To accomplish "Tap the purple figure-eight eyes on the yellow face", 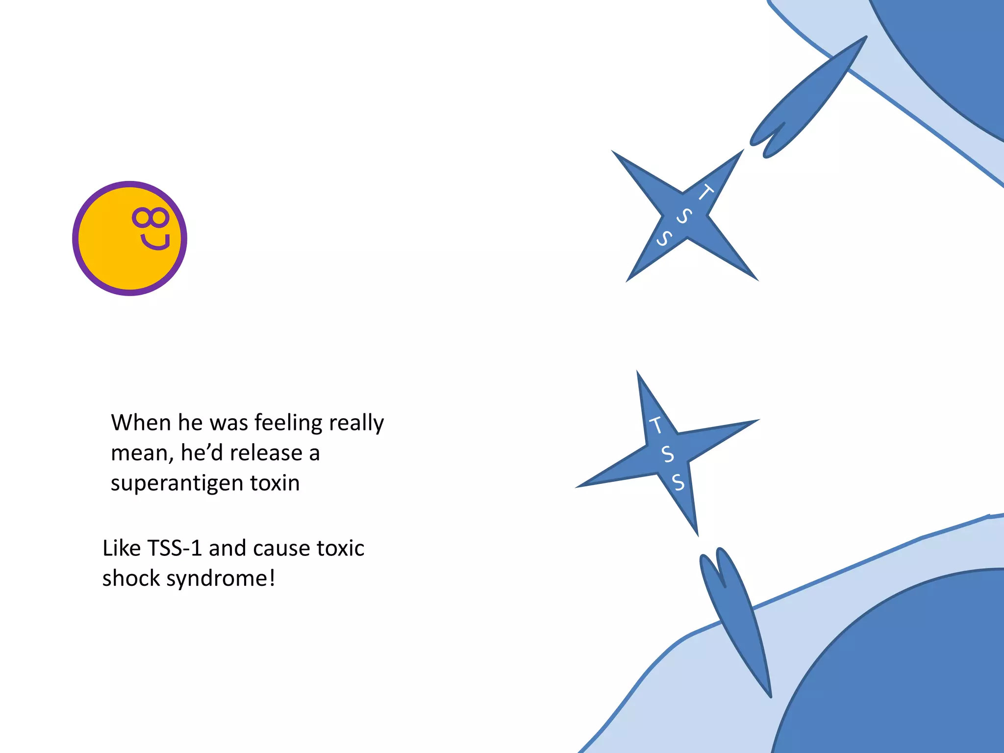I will click(x=151, y=217).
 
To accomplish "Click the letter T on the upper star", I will click(x=706, y=192).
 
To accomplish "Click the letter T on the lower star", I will click(x=656, y=425).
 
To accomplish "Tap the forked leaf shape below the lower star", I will click(x=735, y=618).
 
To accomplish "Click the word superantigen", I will click(x=177, y=483).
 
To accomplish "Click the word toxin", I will click(x=275, y=483).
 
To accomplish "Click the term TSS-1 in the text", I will click(x=175, y=548).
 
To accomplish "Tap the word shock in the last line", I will click(x=131, y=578).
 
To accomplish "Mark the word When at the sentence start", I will click(x=141, y=423).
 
